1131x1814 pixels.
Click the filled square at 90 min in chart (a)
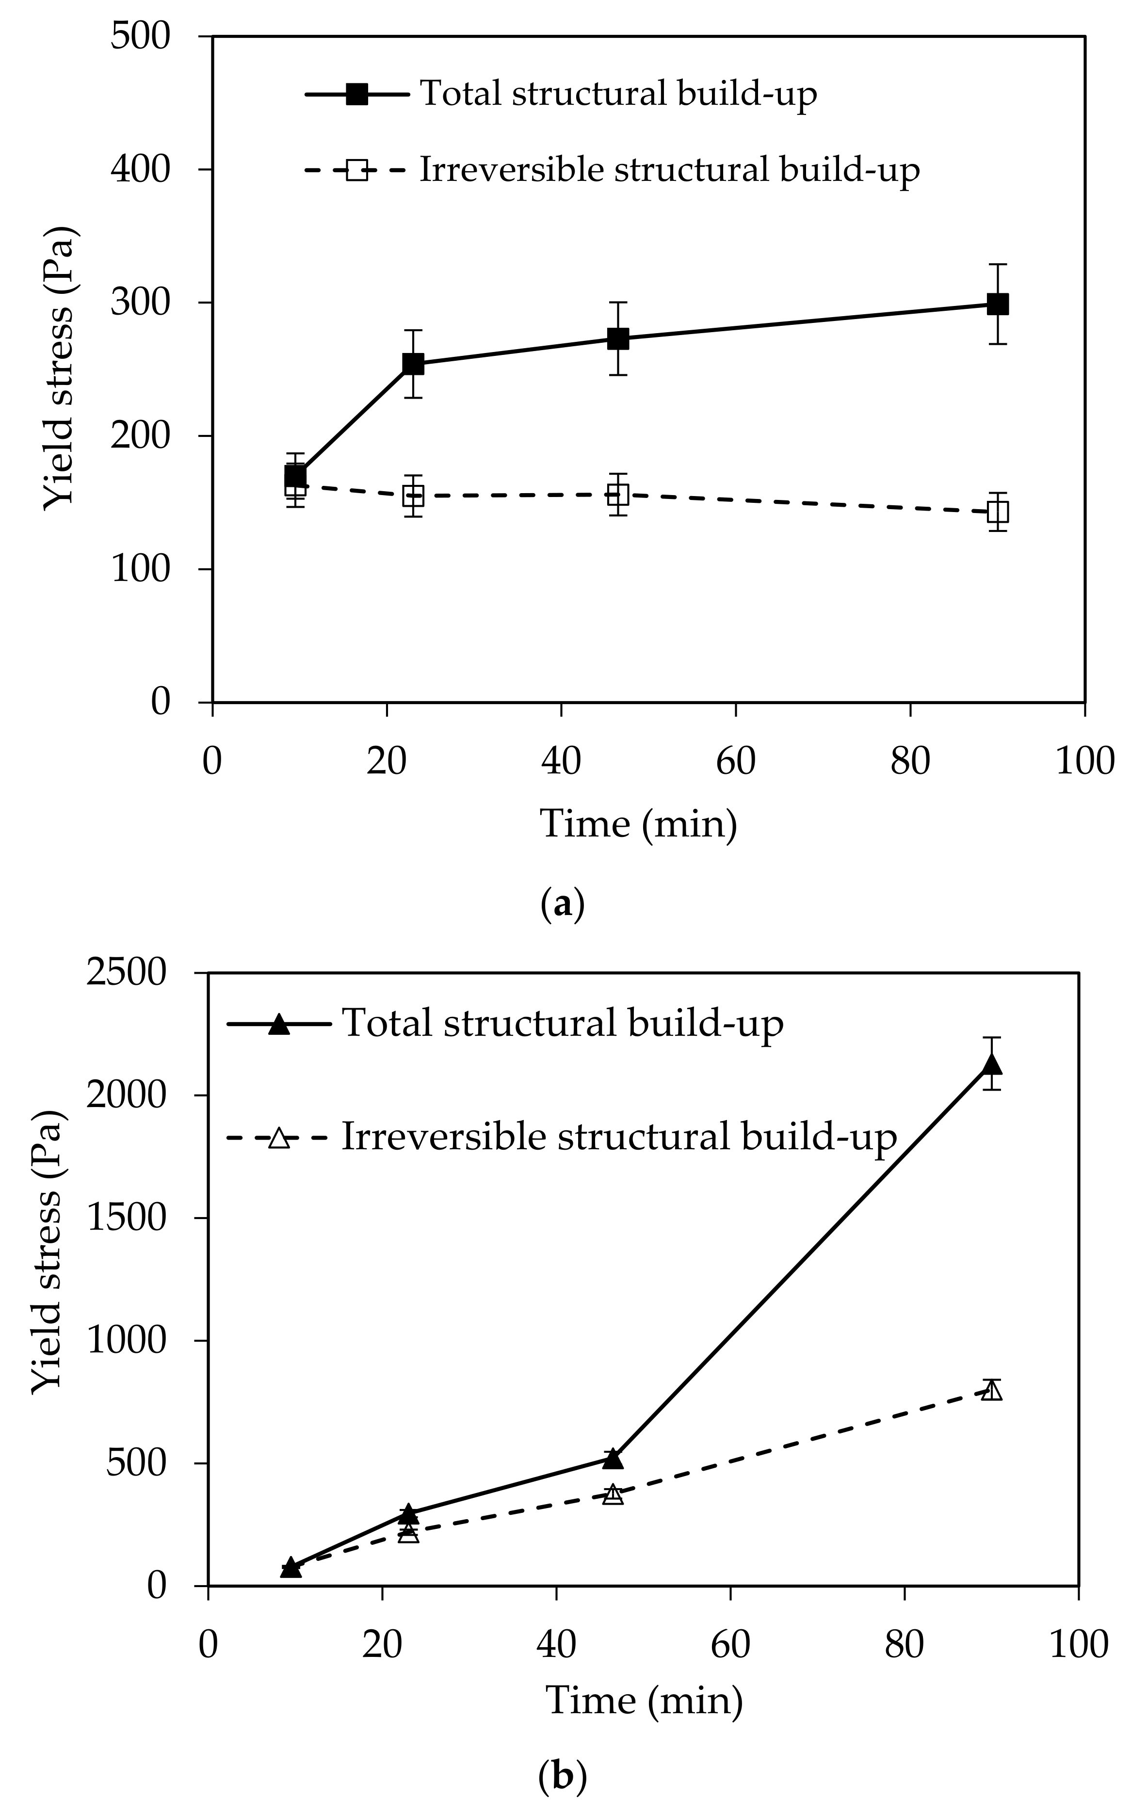997,305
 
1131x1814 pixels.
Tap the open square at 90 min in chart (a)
997,512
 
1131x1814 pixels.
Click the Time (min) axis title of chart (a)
638,824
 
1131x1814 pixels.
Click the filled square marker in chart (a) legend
357,95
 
